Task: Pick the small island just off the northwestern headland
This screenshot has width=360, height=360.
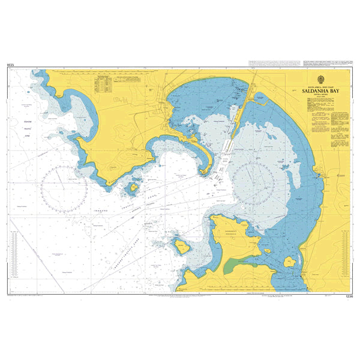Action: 131,188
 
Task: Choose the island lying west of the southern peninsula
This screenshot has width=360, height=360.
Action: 180,246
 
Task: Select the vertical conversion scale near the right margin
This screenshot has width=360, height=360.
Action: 344,252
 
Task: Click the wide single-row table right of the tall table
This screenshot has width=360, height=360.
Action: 129,78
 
